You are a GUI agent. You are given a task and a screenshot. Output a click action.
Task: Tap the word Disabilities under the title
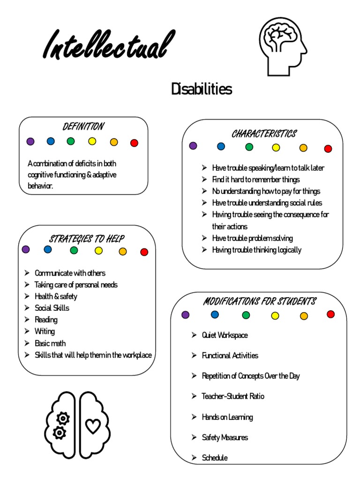point(201,89)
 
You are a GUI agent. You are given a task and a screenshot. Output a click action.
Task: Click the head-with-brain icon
point(283,46)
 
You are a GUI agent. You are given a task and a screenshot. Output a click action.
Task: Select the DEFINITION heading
point(83,127)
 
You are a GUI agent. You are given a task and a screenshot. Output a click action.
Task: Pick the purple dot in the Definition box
point(30,141)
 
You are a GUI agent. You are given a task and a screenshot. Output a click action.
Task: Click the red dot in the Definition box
point(134,143)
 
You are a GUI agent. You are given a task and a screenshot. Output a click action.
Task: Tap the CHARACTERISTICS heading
point(264,134)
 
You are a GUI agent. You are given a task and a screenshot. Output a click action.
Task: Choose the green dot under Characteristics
point(249,147)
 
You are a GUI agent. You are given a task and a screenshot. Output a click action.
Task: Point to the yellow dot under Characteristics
point(276,148)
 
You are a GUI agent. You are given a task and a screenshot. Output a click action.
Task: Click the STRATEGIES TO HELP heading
point(87,239)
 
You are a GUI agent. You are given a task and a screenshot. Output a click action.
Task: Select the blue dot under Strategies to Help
point(48,249)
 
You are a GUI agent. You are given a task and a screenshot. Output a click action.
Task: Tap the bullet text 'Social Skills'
point(52,308)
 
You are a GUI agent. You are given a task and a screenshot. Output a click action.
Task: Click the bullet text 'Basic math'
point(50,343)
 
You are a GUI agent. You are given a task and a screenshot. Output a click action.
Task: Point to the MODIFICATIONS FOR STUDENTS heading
point(259,301)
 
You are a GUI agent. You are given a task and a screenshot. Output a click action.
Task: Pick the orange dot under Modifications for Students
point(304,316)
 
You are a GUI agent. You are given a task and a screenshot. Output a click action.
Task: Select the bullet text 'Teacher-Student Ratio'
point(232,396)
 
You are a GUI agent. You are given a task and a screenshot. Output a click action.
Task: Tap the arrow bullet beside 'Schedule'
point(194,457)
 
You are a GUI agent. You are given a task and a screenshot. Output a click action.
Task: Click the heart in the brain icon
point(93,426)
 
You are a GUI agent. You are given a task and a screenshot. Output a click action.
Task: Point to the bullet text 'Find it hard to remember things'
point(255,180)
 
